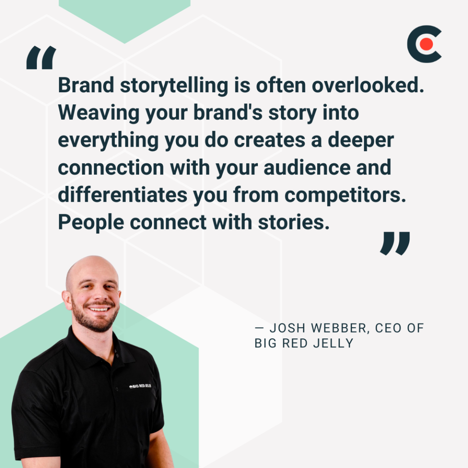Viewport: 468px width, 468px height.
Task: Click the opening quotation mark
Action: (x=41, y=58)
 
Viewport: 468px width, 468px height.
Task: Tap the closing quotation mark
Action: (x=395, y=243)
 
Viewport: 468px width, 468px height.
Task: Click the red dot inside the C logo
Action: (x=427, y=44)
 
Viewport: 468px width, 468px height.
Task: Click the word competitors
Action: (x=346, y=195)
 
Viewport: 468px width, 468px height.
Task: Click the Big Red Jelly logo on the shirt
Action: (x=140, y=386)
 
